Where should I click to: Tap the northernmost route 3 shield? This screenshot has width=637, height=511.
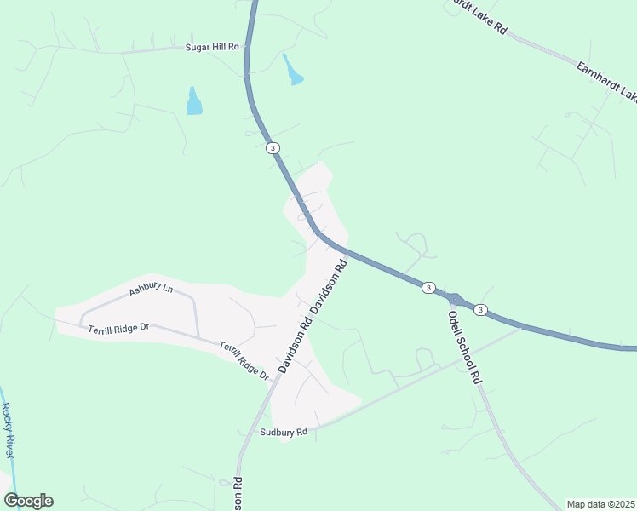273,148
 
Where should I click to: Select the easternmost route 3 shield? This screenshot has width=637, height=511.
481,308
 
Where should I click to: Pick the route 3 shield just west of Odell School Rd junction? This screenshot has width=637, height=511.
428,288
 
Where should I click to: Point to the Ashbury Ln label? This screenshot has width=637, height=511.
151,290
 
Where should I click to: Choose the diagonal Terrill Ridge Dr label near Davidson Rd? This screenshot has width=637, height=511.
244,360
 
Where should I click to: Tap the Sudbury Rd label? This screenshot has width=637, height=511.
284,433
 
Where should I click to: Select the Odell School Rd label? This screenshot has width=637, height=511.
465,347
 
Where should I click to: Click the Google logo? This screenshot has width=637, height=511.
27,501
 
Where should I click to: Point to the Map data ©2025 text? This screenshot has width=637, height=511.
601,504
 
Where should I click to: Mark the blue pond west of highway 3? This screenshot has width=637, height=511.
194,102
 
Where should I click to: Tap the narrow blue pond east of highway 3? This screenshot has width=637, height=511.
293,72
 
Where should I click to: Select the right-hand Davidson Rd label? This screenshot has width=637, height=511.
330,285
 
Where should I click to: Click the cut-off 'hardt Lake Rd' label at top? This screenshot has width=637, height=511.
477,16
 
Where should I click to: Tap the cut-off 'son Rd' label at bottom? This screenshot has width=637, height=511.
238,494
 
